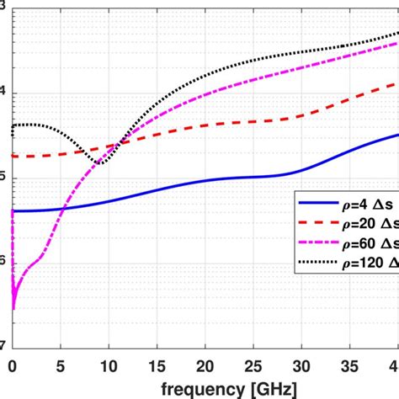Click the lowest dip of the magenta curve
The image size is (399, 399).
13,309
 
